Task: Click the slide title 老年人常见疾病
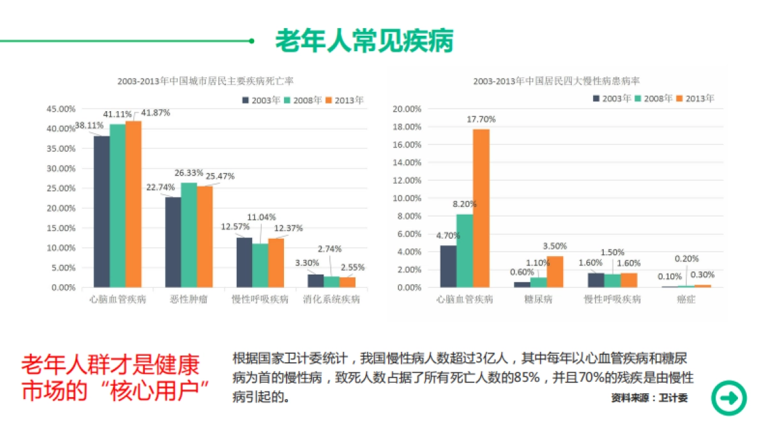point(364,41)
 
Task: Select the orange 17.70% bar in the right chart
point(481,208)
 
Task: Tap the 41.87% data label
point(156,113)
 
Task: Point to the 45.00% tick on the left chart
point(61,109)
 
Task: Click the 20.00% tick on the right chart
point(406,109)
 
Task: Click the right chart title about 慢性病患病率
point(557,81)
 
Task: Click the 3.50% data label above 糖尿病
point(555,246)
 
